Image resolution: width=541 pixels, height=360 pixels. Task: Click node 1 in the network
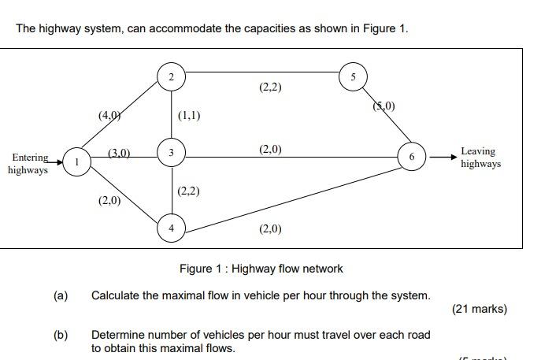[76, 161]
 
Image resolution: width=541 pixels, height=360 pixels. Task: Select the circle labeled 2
[172, 76]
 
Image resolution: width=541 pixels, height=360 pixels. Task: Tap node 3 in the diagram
[172, 151]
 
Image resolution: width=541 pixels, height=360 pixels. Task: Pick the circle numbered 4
[172, 228]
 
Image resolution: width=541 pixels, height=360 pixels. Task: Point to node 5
[353, 76]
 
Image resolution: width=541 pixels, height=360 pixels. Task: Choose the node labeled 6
[411, 157]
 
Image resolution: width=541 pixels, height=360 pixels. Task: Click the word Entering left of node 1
[30, 158]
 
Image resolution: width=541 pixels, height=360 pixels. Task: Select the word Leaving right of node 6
[478, 151]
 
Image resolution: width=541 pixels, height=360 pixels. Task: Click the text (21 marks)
[480, 309]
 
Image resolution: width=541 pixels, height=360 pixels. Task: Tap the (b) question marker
[61, 335]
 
